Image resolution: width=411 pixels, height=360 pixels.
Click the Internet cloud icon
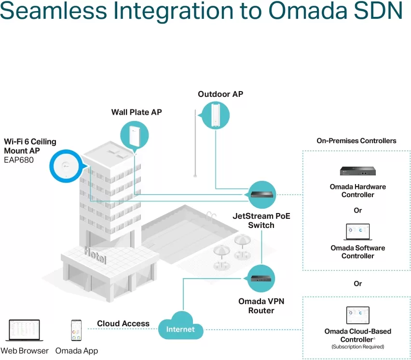[x=180, y=325]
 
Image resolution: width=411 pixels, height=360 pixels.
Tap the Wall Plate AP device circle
[x=135, y=135]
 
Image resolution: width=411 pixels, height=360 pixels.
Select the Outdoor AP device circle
[x=216, y=116]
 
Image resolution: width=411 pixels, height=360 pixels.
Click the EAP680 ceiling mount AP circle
[x=66, y=166]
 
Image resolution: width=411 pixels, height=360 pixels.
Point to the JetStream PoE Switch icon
[x=261, y=195]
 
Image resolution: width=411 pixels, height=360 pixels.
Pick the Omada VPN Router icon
[x=261, y=278]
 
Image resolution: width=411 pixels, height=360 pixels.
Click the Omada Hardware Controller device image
[x=358, y=171]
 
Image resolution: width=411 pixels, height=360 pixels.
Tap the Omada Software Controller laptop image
[x=358, y=232]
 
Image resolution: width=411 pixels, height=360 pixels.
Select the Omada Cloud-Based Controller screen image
[x=358, y=315]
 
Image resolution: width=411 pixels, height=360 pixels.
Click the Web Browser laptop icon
[x=25, y=330]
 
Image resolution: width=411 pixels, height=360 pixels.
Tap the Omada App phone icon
[x=76, y=330]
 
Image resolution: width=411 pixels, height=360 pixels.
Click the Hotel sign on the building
[x=96, y=255]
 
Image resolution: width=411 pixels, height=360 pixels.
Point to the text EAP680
[x=19, y=160]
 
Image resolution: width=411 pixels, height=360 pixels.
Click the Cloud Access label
[x=123, y=323]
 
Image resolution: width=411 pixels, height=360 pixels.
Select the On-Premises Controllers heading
[x=356, y=141]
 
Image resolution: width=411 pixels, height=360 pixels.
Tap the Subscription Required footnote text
[x=358, y=347]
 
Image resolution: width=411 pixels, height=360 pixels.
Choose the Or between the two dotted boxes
[x=358, y=283]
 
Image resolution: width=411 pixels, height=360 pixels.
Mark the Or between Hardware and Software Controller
[x=358, y=210]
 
